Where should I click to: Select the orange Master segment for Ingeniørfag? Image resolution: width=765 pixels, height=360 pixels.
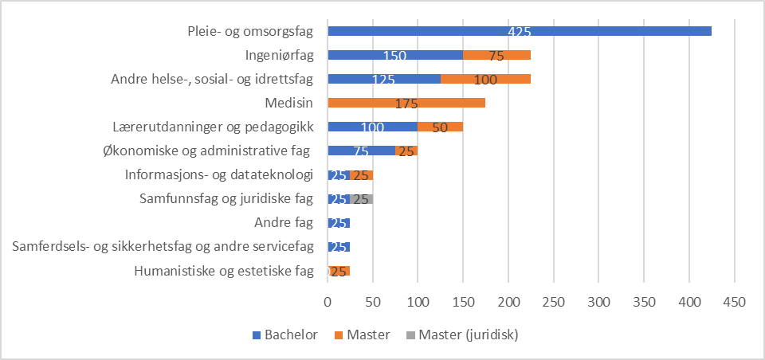pyautogui.click(x=496, y=55)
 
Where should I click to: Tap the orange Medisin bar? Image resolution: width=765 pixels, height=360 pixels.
pyautogui.click(x=406, y=103)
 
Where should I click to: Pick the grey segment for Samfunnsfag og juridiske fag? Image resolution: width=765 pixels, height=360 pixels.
pyautogui.click(x=362, y=198)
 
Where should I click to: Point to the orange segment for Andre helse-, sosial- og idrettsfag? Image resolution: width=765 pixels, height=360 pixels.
pyautogui.click(x=485, y=79)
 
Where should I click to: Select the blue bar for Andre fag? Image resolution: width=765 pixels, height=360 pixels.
pyautogui.click(x=339, y=222)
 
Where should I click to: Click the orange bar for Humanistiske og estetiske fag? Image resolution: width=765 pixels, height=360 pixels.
pyautogui.click(x=339, y=271)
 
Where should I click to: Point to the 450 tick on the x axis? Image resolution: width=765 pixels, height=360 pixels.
pyautogui.click(x=734, y=303)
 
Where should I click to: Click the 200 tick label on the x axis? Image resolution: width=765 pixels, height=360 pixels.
pyautogui.click(x=508, y=303)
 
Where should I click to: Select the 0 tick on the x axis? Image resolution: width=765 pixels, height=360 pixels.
pyautogui.click(x=328, y=303)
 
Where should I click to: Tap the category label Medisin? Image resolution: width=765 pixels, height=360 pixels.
pyautogui.click(x=288, y=103)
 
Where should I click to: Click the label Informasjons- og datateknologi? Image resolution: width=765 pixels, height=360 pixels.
pyautogui.click(x=219, y=175)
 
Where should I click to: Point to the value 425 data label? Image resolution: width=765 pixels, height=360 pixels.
pyautogui.click(x=519, y=32)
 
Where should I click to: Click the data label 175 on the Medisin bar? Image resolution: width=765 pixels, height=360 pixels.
pyautogui.click(x=406, y=104)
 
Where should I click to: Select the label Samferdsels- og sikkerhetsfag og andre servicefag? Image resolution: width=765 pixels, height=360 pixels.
pyautogui.click(x=163, y=247)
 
